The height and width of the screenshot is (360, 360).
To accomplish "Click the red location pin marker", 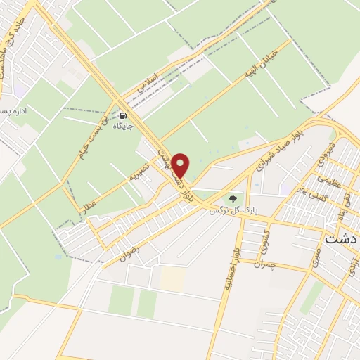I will click(x=181, y=166).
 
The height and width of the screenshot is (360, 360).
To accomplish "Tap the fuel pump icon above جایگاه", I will click(x=124, y=115).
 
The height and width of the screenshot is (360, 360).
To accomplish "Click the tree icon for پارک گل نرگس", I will click(x=233, y=199).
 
